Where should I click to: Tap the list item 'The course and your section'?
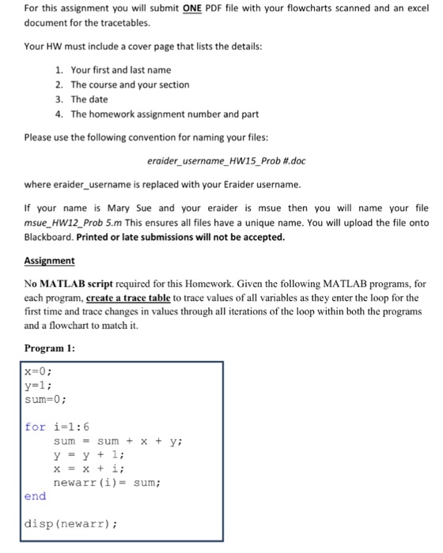pyautogui.click(x=130, y=85)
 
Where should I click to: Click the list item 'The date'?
pyautogui.click(x=89, y=99)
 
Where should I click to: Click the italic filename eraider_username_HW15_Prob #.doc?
pyautogui.click(x=225, y=162)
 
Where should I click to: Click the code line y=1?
pyautogui.click(x=38, y=385)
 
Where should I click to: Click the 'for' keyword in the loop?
pyautogui.click(x=35, y=427)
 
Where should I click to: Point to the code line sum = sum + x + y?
pyautogui.click(x=126, y=441)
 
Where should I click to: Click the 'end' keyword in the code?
pyautogui.click(x=36, y=496)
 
